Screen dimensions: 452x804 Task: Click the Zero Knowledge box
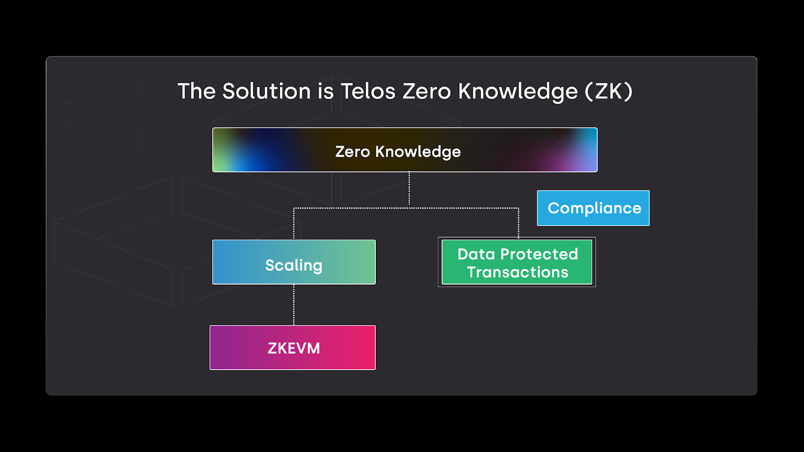(x=405, y=150)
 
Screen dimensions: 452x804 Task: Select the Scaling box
(x=293, y=262)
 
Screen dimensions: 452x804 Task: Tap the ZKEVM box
(x=292, y=348)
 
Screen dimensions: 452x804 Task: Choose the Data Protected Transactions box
(x=517, y=262)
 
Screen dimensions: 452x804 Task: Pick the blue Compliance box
(x=593, y=208)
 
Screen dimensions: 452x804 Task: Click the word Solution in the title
(x=266, y=91)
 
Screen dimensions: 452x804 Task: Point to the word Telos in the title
(x=368, y=91)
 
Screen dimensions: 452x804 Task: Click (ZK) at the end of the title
(x=609, y=91)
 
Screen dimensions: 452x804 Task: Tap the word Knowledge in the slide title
(x=518, y=91)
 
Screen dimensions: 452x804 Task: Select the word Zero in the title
(x=427, y=91)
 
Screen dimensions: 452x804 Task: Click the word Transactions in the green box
(x=518, y=272)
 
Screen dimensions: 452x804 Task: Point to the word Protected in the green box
(x=539, y=254)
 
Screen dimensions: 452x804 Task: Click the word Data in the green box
(x=476, y=254)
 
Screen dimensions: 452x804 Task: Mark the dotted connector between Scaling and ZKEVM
(x=294, y=305)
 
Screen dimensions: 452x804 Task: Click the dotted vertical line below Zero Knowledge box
(x=409, y=190)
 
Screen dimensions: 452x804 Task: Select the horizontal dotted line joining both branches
(x=352, y=208)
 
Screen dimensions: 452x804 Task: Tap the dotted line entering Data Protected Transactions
(x=519, y=223)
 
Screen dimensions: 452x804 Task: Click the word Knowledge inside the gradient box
(x=418, y=152)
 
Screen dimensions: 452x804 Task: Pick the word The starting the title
(x=196, y=91)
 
